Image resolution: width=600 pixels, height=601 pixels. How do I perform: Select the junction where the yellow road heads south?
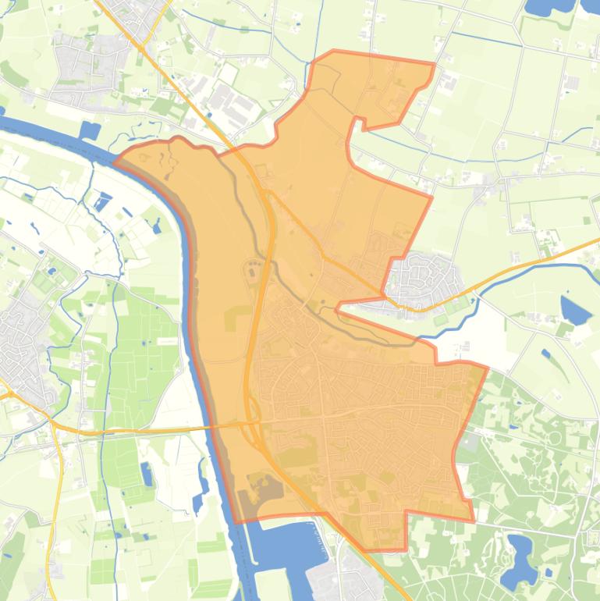[x=54, y=425]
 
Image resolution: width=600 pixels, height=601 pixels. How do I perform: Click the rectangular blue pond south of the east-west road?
[x=147, y=473]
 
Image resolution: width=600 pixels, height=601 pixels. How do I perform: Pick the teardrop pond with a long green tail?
[x=576, y=311]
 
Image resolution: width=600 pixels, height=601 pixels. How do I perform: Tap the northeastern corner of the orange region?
[x=434, y=62]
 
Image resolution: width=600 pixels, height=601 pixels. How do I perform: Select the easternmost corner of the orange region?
[x=487, y=368]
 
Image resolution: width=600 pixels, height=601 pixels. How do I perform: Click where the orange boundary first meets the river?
[x=117, y=161]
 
